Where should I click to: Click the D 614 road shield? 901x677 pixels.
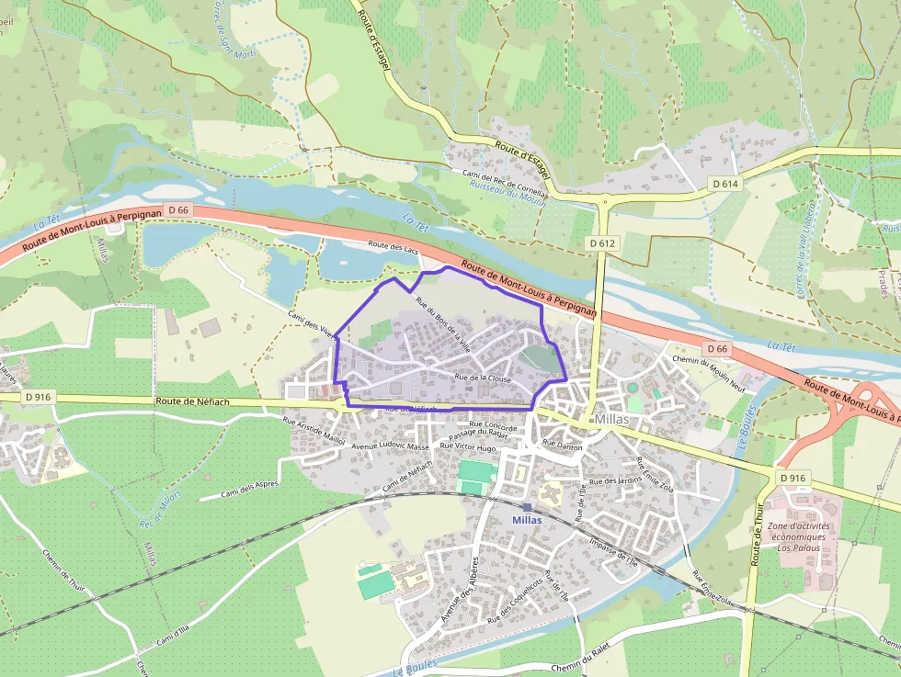[x=725, y=185]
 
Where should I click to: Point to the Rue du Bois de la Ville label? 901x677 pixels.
[x=443, y=325]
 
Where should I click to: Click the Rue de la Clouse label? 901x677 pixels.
[x=482, y=378]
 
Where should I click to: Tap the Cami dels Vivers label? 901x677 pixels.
[x=313, y=324]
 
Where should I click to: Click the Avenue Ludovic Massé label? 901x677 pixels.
[x=391, y=447]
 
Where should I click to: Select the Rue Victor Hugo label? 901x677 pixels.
[x=468, y=446]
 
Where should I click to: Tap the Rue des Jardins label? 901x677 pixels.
[x=615, y=480]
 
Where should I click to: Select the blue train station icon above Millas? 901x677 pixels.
[x=527, y=506]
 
